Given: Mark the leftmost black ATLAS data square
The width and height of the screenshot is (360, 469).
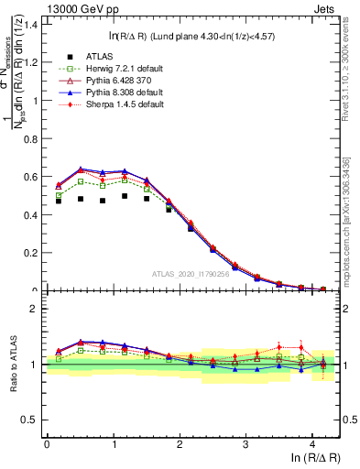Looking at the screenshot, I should [59, 201].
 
